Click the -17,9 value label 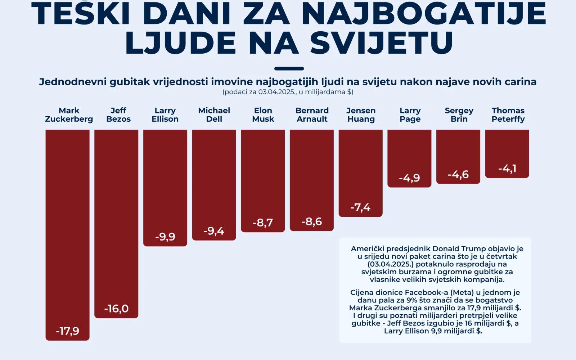click(67, 331)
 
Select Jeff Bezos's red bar click(116, 216)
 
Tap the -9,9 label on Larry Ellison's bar click(165, 237)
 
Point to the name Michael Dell click(214, 115)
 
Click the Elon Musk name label click(263, 115)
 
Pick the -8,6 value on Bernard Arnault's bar click(312, 221)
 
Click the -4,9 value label click(409, 178)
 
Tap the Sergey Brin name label click(459, 115)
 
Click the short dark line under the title click(289, 68)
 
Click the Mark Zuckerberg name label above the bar click(69, 115)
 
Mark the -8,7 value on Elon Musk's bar click(263, 222)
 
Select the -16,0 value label click(116, 309)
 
